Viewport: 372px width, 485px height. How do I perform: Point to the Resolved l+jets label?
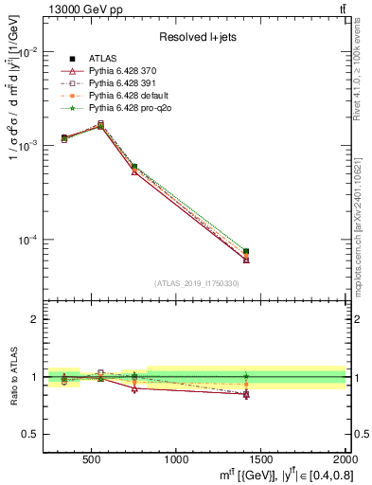tap(196, 37)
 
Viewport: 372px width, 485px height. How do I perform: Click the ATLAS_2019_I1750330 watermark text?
tap(196, 283)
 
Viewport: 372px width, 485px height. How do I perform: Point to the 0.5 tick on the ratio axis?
tap(32, 434)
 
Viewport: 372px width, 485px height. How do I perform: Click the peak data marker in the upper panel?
tap(101, 124)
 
